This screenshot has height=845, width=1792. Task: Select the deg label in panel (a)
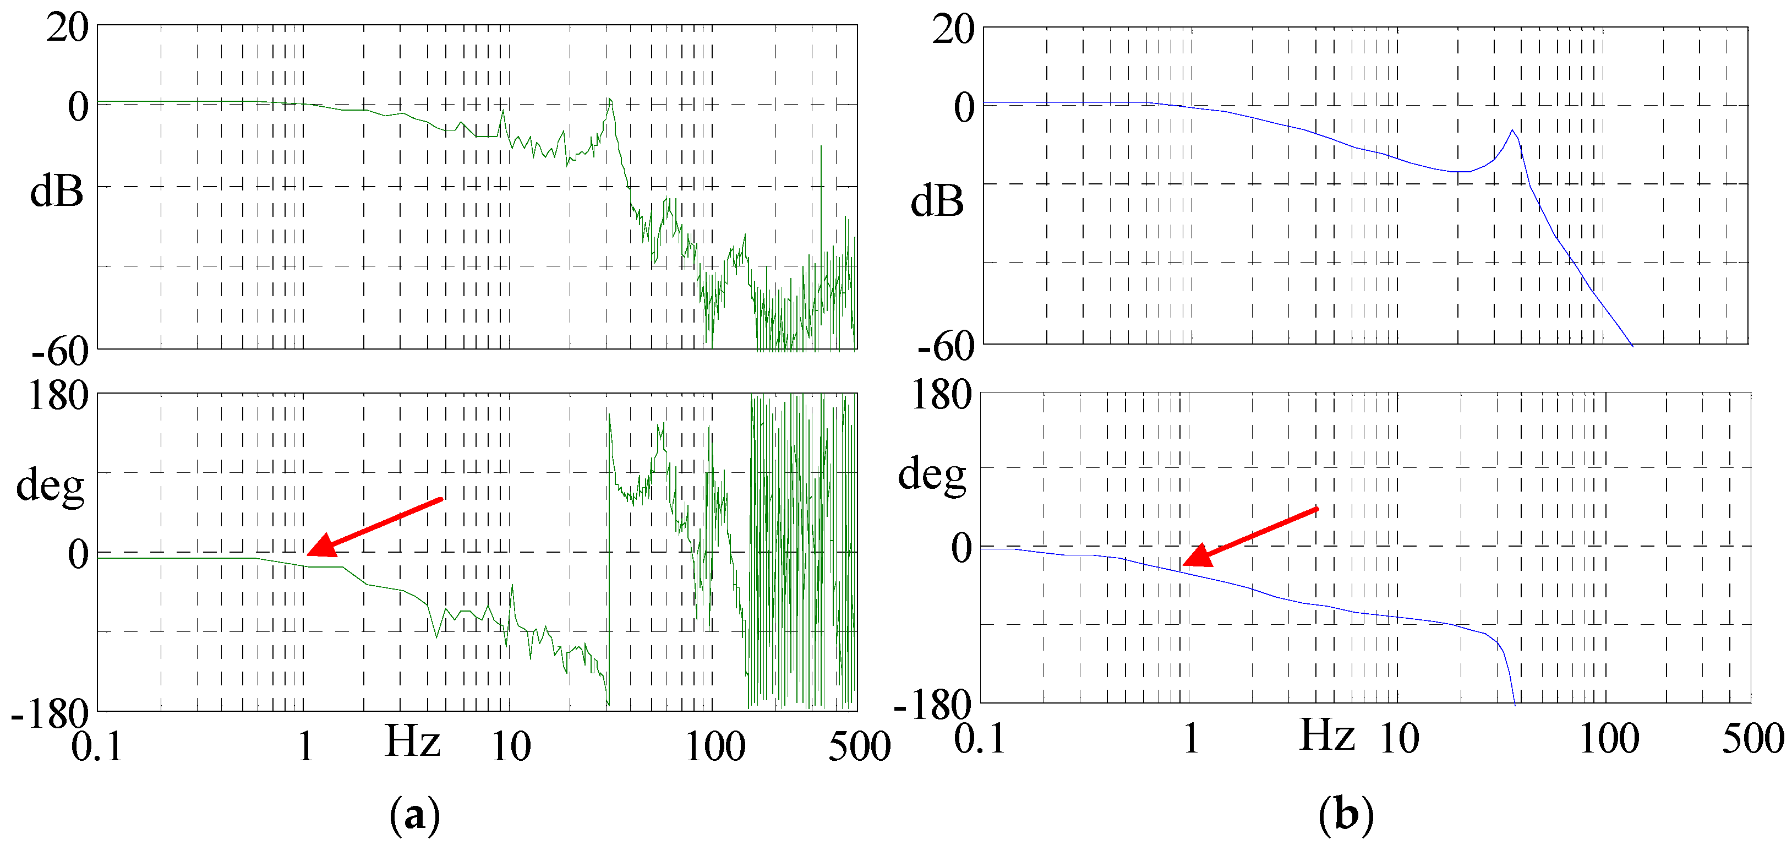(50, 485)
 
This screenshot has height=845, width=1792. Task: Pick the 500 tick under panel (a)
(859, 747)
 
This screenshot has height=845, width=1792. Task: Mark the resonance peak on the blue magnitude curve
(1512, 131)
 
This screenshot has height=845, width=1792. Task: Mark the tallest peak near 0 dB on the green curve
(609, 100)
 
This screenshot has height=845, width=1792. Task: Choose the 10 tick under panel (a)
(511, 747)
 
